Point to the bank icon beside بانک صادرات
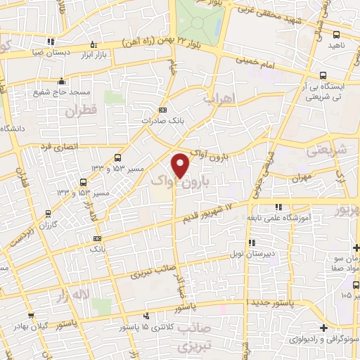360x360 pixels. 163,110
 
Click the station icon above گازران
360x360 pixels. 48,213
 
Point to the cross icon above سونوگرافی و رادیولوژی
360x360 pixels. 323,328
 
